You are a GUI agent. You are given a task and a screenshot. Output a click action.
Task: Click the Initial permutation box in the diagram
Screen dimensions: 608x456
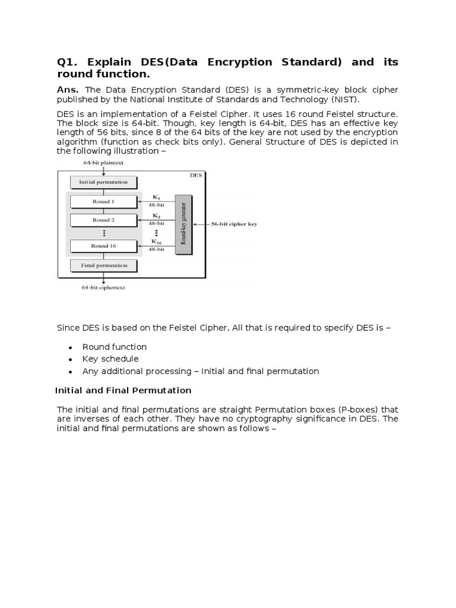103,182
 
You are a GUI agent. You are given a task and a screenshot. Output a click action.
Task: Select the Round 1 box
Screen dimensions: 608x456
103,202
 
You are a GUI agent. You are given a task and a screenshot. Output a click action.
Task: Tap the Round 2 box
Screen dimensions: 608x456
103,220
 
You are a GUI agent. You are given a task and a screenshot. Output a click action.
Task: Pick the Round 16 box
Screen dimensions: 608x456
103,246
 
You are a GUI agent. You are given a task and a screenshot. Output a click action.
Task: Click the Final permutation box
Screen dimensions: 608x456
103,265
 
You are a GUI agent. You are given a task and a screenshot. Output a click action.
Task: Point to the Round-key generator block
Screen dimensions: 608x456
183,224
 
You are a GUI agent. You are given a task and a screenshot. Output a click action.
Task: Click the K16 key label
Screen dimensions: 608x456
156,242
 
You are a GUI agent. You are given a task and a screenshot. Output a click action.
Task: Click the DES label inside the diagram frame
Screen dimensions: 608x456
195,175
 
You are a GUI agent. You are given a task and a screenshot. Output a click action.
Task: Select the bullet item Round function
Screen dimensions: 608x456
114,347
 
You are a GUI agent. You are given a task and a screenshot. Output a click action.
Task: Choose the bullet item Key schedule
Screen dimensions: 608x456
110,359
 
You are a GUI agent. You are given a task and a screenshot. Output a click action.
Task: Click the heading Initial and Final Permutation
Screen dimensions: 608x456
123,390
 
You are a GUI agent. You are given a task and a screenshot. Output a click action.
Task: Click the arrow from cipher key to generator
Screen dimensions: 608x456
202,224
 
